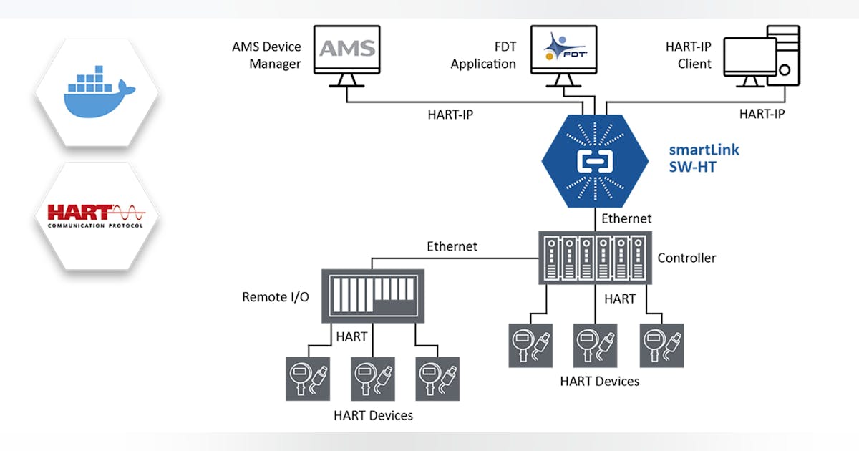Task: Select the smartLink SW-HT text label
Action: (704, 160)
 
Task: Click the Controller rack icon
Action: (595, 256)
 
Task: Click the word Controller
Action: (686, 258)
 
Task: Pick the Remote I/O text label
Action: (276, 296)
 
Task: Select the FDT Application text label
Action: (483, 55)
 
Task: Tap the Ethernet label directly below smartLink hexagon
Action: (626, 218)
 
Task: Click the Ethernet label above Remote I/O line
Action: (452, 246)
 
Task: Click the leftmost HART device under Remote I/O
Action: (307, 377)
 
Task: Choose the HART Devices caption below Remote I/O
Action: (373, 415)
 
